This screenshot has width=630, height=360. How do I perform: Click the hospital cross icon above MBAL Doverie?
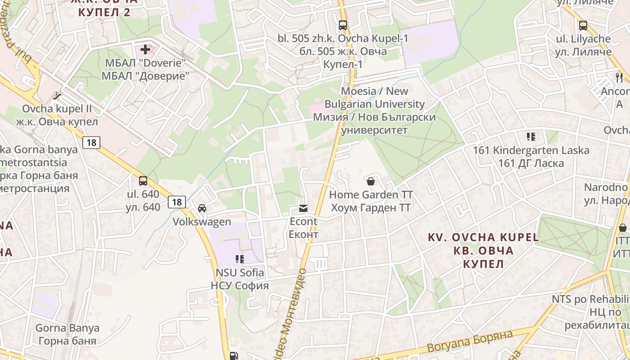coord(145,49)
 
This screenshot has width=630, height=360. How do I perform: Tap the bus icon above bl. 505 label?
coord(343,25)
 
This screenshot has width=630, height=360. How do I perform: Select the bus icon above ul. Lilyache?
coord(583,26)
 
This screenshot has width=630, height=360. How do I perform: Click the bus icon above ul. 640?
coord(143,181)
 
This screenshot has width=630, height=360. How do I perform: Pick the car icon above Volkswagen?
coord(202,208)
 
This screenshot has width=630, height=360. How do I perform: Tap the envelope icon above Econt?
coord(303,208)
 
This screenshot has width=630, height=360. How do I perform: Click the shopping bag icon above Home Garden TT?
coord(371,181)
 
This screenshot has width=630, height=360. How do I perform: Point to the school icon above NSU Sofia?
coord(239,259)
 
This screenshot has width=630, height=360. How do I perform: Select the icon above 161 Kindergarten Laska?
coord(531,136)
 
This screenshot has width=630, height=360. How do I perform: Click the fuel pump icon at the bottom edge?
coord(234,355)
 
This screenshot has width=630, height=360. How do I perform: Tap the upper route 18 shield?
coord(91,143)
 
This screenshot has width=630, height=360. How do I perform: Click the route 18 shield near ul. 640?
coord(177,202)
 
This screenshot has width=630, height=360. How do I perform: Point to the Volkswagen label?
coord(202,222)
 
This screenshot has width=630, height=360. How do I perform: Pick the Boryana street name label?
coord(470,342)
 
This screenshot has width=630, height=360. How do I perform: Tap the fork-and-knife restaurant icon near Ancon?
coord(619,77)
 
